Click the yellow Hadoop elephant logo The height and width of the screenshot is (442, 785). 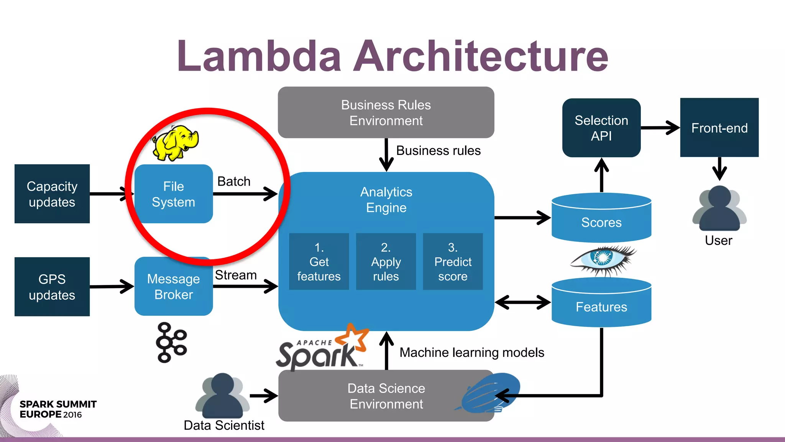[176, 143]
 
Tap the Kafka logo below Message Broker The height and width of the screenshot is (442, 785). [171, 342]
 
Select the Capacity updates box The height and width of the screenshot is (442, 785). [52, 194]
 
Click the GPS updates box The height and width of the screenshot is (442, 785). [52, 287]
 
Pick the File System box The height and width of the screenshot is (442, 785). [174, 194]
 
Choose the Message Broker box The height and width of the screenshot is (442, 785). [174, 287]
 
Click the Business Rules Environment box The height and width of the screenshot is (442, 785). [386, 112]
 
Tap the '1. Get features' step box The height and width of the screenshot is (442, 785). [319, 261]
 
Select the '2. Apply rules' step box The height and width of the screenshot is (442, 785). [386, 261]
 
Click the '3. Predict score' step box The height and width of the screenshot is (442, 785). [453, 261]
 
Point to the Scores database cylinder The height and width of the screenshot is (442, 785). [601, 219]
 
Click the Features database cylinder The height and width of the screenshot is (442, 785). [601, 303]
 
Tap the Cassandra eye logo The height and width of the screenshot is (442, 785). [603, 259]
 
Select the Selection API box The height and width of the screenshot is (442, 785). [601, 128]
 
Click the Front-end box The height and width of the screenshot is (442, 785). [719, 128]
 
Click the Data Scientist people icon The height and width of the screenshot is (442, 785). [223, 396]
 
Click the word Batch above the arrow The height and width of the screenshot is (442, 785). [234, 181]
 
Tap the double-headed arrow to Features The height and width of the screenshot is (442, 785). [523, 302]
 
